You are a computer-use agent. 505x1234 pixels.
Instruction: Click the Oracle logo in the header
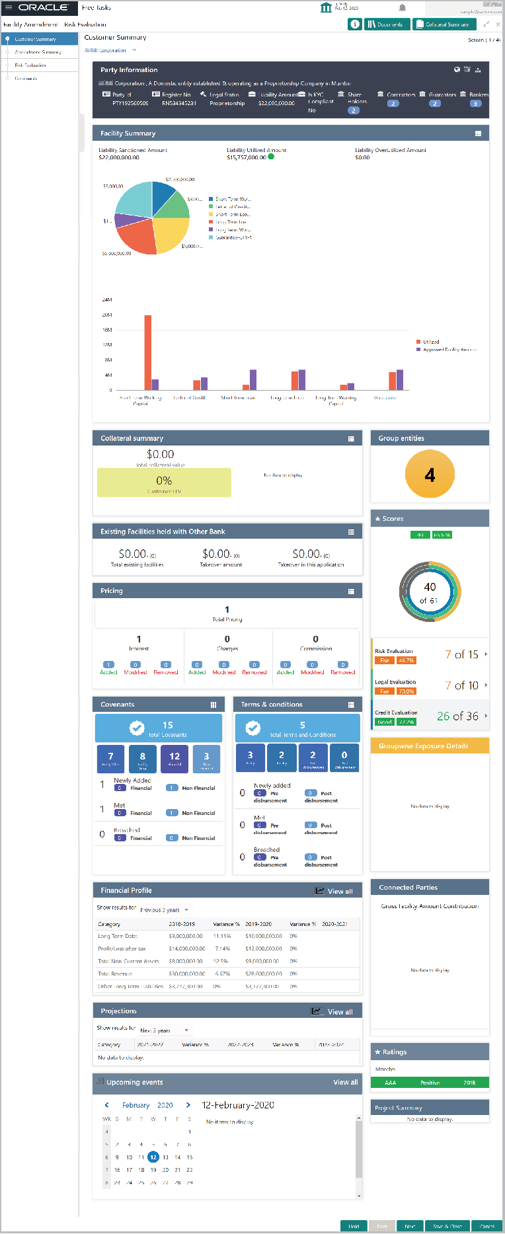[43, 7]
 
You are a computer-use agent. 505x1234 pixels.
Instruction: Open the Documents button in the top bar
[386, 24]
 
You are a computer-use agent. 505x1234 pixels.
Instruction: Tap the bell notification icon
[402, 8]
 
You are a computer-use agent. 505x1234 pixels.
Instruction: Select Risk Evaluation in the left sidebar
[30, 65]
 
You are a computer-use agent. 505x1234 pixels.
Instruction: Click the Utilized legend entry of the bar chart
[430, 342]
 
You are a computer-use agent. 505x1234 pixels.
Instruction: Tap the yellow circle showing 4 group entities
[430, 475]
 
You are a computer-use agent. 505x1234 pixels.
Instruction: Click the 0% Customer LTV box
[164, 482]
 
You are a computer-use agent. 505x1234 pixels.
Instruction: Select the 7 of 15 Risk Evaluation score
[461, 654]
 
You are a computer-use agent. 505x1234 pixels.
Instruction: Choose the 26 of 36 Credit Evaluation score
[457, 716]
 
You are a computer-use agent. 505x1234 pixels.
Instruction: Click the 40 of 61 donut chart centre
[430, 592]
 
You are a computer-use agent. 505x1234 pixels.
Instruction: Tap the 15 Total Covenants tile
[159, 728]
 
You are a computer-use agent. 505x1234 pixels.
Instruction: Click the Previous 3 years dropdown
[164, 910]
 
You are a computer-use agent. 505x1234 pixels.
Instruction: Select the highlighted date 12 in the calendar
[153, 1157]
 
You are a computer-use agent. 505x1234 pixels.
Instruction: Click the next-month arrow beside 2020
[188, 1105]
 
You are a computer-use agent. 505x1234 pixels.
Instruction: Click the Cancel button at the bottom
[486, 1226]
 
